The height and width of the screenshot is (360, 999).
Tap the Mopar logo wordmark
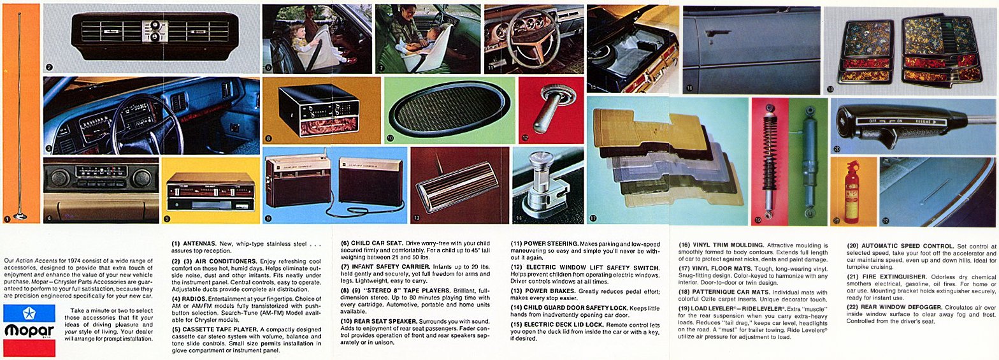(x=29, y=331)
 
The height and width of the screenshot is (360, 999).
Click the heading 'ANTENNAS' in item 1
(x=199, y=244)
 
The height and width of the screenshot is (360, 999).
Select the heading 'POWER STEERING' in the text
(x=550, y=243)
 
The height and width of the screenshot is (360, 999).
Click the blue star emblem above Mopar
(x=29, y=313)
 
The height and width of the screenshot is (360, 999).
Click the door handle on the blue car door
(x=716, y=33)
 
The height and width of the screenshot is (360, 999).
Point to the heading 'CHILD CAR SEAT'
(x=377, y=243)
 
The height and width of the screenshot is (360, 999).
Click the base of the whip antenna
(x=20, y=217)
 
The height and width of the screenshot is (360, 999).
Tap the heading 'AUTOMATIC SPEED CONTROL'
(x=907, y=246)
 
